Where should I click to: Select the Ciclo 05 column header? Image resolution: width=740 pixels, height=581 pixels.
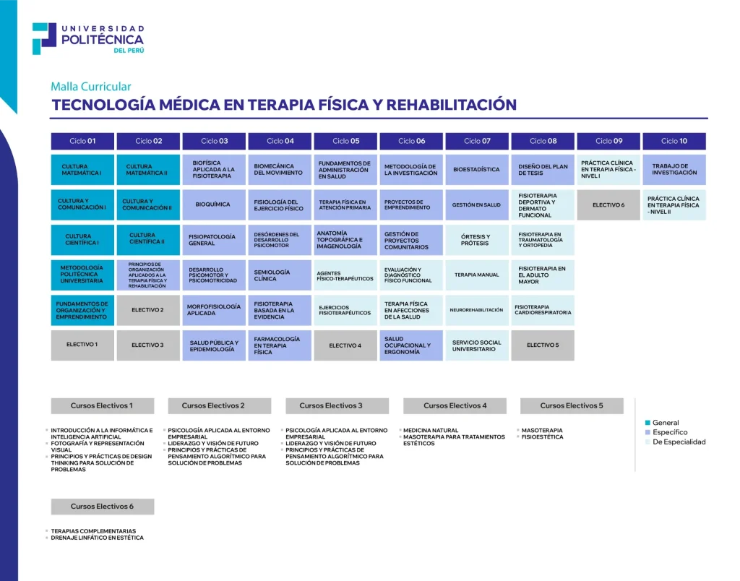point(345,141)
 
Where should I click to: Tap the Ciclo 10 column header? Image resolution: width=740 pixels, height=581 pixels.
point(674,141)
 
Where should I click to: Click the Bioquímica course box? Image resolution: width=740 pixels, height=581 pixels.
point(214,205)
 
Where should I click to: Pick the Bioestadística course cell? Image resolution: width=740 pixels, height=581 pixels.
point(476,170)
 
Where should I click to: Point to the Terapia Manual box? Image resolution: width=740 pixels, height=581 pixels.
point(476,275)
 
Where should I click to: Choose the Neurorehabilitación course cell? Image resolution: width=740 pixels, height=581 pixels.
point(476,310)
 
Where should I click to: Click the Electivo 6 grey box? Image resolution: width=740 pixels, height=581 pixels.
point(608,205)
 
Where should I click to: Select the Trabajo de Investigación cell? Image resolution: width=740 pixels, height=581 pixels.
point(674,170)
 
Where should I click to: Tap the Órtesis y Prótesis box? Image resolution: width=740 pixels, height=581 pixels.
point(476,240)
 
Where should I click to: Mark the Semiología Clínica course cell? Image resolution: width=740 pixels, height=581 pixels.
point(280,275)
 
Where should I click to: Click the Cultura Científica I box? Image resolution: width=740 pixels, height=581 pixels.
point(82,240)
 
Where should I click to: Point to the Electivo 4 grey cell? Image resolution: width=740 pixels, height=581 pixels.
point(345,345)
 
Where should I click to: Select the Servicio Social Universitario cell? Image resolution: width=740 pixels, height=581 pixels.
point(476,345)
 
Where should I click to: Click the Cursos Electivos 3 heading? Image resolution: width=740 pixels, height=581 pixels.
point(337,406)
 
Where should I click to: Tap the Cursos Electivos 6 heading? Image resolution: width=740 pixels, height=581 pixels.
point(102,507)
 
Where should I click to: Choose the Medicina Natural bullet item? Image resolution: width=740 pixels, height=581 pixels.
point(431,431)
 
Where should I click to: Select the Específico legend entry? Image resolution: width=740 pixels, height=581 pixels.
point(669,432)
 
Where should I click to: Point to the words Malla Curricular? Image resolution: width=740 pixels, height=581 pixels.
point(91,87)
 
